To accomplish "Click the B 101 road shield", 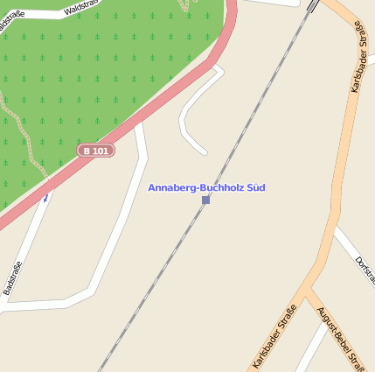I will click(96, 151).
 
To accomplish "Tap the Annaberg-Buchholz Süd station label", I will click(206, 188).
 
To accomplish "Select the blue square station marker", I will click(206, 200).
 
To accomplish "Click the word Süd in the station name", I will click(254, 188).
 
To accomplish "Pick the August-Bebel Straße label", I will click(341, 338).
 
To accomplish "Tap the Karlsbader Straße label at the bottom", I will click(274, 335).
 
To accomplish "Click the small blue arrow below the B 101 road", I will click(46, 198).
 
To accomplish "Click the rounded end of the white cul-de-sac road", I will click(202, 151).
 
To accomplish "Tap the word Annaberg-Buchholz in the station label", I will click(194, 188).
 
